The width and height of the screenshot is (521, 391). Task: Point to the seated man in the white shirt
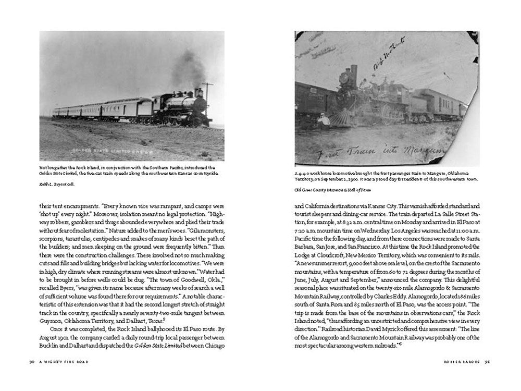(x=324, y=121)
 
